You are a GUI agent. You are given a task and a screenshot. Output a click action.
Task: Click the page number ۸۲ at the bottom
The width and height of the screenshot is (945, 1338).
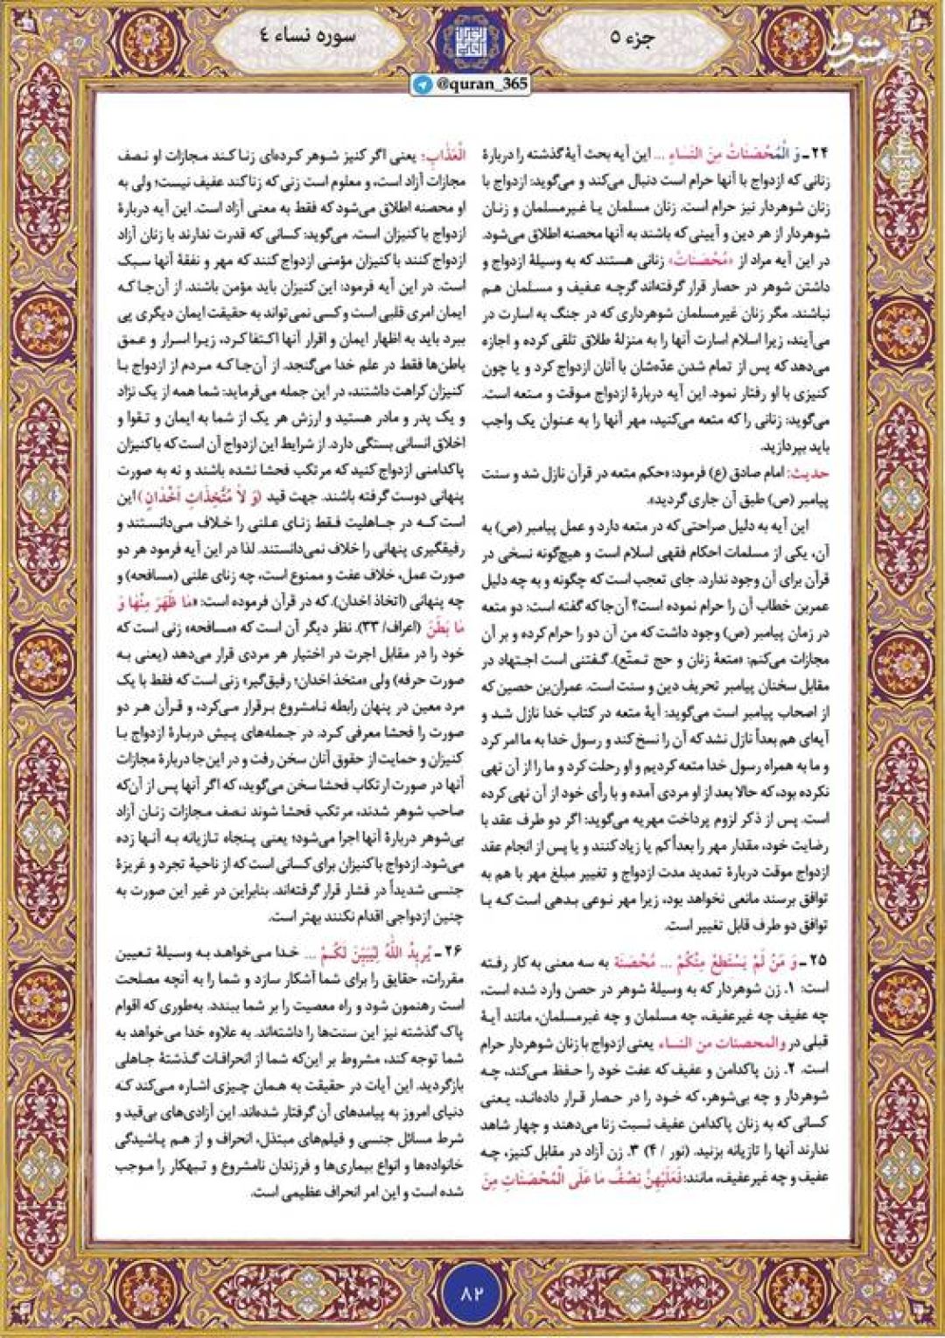(x=472, y=1292)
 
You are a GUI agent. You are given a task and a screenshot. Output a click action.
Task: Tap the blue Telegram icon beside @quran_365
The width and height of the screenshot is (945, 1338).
(x=424, y=84)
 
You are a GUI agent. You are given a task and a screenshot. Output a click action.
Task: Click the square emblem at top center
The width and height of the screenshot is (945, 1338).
(x=472, y=36)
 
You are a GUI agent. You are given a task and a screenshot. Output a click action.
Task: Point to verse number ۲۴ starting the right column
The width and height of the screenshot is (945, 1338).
(x=818, y=154)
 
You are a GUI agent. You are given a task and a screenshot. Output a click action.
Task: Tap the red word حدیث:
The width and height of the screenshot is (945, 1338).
(x=810, y=473)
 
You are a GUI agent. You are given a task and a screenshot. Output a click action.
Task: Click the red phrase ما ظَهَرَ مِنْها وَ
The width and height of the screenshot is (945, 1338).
(x=152, y=602)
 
